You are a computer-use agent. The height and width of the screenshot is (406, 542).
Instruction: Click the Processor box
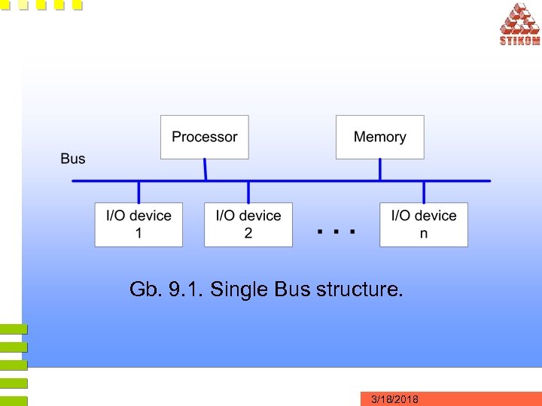(x=204, y=137)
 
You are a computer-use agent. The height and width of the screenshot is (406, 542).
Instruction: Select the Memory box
(x=379, y=137)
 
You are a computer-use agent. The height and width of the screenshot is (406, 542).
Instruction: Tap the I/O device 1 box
(x=139, y=224)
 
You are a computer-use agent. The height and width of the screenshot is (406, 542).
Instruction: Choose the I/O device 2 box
(x=248, y=224)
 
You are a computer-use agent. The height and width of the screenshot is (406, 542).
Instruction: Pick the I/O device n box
(x=423, y=224)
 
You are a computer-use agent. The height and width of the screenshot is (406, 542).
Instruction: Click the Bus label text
(x=73, y=159)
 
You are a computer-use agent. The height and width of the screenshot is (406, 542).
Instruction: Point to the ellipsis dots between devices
(x=336, y=232)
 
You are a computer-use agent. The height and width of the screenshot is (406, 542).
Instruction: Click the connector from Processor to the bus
(x=206, y=170)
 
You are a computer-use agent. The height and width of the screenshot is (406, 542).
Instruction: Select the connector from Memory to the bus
(x=379, y=170)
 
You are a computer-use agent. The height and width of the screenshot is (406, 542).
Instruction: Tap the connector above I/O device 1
(x=139, y=192)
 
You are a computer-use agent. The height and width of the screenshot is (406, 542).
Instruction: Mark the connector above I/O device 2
(x=248, y=192)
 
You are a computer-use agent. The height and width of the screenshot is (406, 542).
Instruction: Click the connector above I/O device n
(x=423, y=192)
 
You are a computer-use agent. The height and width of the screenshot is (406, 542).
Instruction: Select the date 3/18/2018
(x=395, y=399)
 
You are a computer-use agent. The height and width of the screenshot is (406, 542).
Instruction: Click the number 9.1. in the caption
(x=185, y=289)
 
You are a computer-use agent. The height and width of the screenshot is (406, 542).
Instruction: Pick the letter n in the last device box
(x=424, y=234)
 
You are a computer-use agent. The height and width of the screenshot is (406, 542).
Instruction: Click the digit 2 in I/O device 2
(x=248, y=234)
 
